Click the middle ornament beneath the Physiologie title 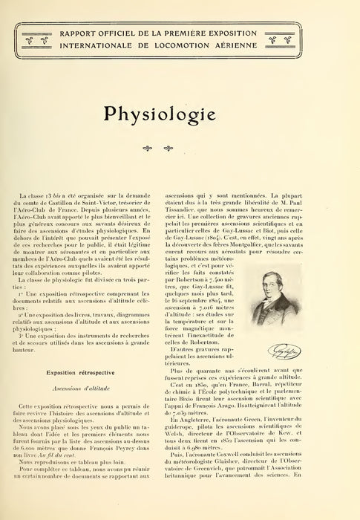180,148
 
